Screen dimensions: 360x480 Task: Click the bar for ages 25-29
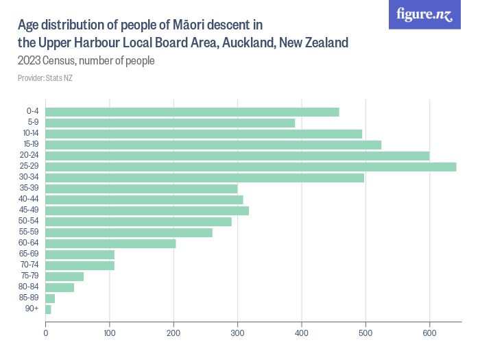tap(250, 167)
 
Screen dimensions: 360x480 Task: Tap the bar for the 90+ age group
tap(48, 309)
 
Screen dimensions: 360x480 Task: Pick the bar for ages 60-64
tap(110, 243)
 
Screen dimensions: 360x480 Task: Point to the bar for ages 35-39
tap(141, 189)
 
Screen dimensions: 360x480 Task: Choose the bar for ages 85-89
tap(50, 298)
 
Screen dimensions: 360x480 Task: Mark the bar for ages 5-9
tap(170, 123)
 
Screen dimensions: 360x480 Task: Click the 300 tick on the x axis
tap(237, 333)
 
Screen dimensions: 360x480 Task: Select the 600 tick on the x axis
tap(429, 333)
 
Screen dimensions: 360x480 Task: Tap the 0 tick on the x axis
tap(45, 333)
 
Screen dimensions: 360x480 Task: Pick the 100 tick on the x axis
tap(109, 333)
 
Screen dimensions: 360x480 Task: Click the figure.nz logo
tap(424, 14)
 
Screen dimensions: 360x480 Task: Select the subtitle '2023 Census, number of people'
tap(86, 60)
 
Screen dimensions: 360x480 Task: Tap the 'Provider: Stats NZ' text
tap(45, 77)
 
